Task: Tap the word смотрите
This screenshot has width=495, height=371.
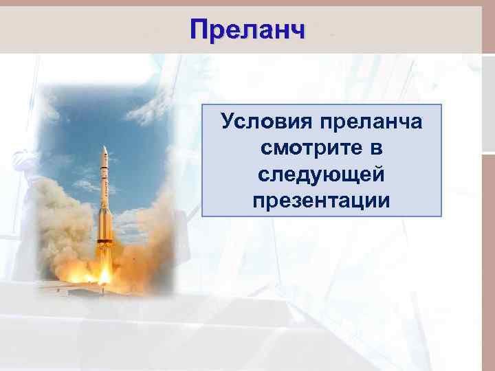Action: click(310, 148)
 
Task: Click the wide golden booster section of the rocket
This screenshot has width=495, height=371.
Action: click(104, 223)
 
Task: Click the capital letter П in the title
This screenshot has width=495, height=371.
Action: click(199, 30)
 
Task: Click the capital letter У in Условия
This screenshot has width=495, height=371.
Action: click(227, 122)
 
